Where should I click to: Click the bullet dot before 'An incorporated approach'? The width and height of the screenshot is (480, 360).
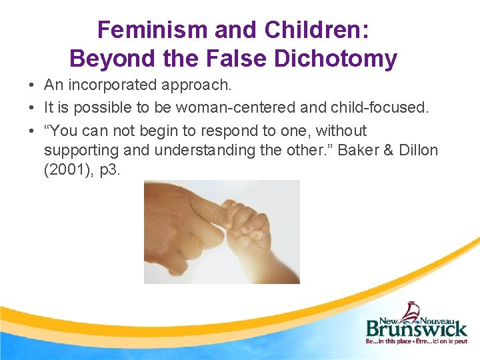pos(32,85)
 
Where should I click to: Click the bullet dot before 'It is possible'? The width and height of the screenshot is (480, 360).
pos(32,107)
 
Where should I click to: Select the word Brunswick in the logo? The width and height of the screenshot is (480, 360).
pos(416,329)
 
